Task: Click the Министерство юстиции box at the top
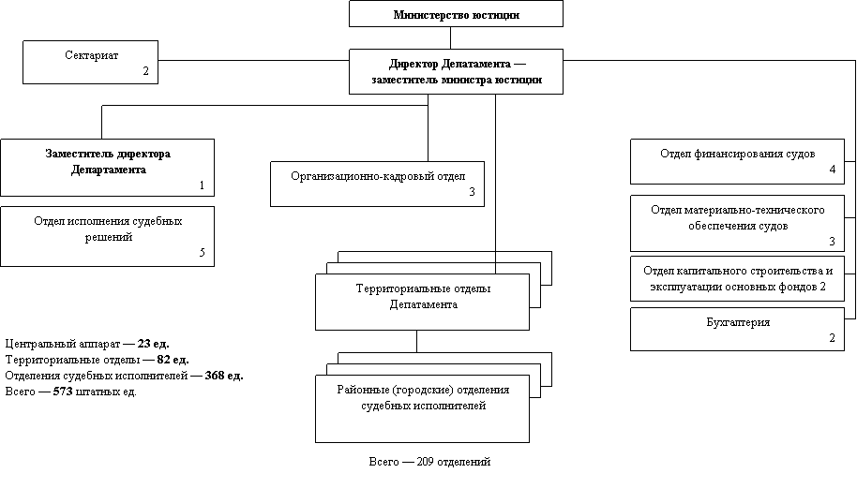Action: coord(456,14)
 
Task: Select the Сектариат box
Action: coord(90,62)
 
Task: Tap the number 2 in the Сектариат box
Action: coord(145,71)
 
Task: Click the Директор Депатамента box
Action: coord(456,71)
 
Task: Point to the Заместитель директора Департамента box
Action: coord(107,168)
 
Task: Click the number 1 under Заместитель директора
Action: coord(202,185)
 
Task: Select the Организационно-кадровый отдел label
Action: coord(378,176)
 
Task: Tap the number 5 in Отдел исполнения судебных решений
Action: coord(203,253)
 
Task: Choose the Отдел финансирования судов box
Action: coord(737,162)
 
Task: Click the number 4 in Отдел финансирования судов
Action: coord(833,170)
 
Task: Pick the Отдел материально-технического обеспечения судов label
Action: coord(737,218)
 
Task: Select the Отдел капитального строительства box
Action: coord(737,279)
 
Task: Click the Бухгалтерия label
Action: coord(738,322)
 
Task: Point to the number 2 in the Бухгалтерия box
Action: coord(832,338)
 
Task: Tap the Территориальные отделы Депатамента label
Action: coord(423,296)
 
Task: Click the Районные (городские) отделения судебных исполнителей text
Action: coord(423,397)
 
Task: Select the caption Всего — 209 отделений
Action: coord(429,462)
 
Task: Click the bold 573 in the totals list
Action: coord(63,392)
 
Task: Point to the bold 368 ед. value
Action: coord(224,376)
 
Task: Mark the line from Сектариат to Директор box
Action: coord(253,60)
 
